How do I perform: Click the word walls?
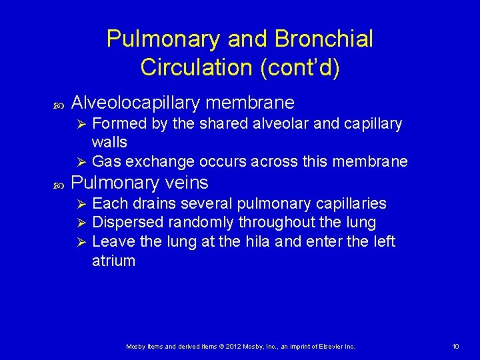[x=109, y=143]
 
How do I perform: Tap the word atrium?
[x=113, y=261]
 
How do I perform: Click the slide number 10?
[x=455, y=347]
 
